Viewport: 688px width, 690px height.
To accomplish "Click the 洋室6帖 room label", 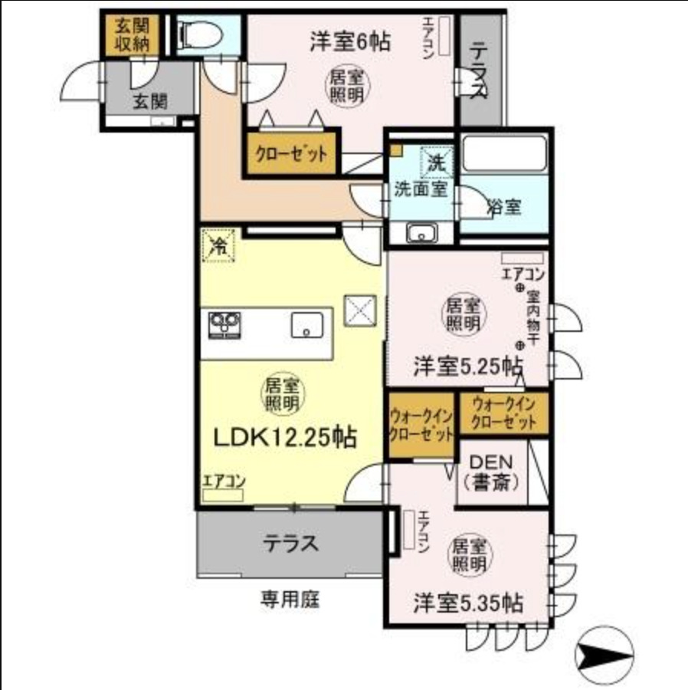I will [349, 41].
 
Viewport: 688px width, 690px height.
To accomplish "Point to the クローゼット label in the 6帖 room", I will [292, 153].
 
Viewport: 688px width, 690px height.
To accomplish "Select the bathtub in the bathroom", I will [503, 157].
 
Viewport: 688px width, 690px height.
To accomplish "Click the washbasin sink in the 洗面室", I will [420, 233].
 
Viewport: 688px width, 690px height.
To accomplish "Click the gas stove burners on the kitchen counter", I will [224, 325].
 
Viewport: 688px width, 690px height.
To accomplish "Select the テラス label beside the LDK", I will [290, 544].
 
